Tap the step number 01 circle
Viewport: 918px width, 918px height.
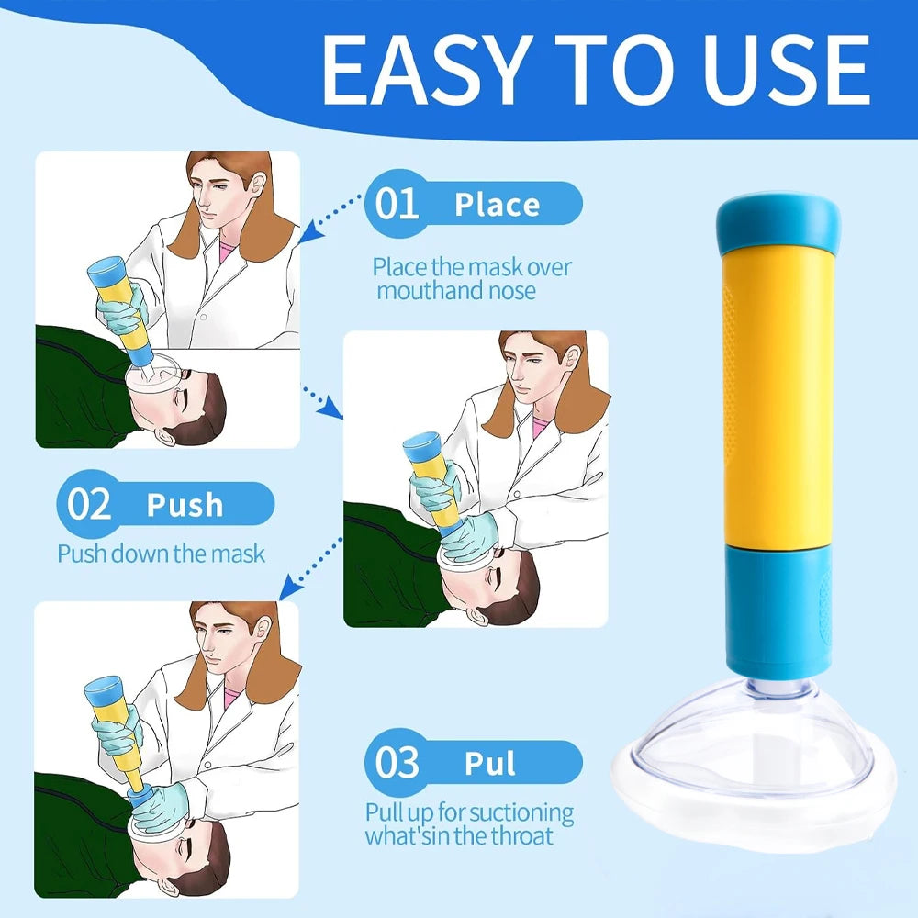(x=397, y=205)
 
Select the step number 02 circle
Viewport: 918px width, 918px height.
(x=89, y=505)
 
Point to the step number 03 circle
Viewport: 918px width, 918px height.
(x=397, y=763)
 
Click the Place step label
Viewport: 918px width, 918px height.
(x=497, y=205)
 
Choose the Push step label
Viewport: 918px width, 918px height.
(x=185, y=505)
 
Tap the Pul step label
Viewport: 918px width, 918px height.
(x=491, y=763)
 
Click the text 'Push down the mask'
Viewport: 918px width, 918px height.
(x=161, y=554)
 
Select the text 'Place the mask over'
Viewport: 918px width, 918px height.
(x=471, y=267)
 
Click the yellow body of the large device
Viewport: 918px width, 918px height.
(x=778, y=395)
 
